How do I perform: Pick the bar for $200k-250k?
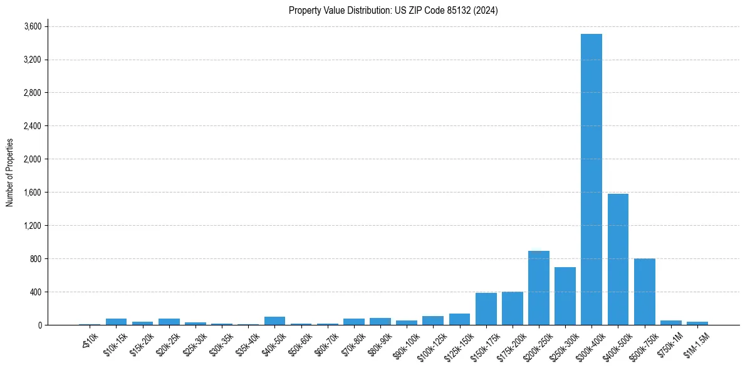[x=538, y=288]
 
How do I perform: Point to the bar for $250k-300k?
[x=565, y=296]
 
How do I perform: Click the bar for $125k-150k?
[x=459, y=319]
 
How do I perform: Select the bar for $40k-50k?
[x=274, y=320]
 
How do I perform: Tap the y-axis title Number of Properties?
[x=10, y=172]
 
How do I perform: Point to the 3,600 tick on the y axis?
[x=33, y=26]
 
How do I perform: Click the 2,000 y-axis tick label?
[x=33, y=159]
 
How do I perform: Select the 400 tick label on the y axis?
[x=35, y=292]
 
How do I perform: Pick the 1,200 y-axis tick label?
[x=33, y=226]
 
